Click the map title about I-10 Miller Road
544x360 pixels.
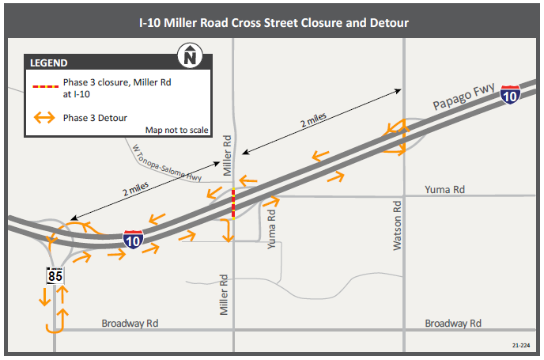coord(272,23)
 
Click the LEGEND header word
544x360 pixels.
coord(49,63)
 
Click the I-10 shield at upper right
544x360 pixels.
coord(511,96)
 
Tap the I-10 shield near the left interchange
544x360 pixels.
coord(133,240)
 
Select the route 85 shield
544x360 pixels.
coord(55,277)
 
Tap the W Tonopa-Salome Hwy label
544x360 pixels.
coord(167,161)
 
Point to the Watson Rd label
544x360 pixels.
coord(398,225)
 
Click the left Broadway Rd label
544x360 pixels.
coord(130,324)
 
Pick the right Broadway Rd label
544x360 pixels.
coord(453,324)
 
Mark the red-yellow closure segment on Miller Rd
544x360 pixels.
coord(232,203)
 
